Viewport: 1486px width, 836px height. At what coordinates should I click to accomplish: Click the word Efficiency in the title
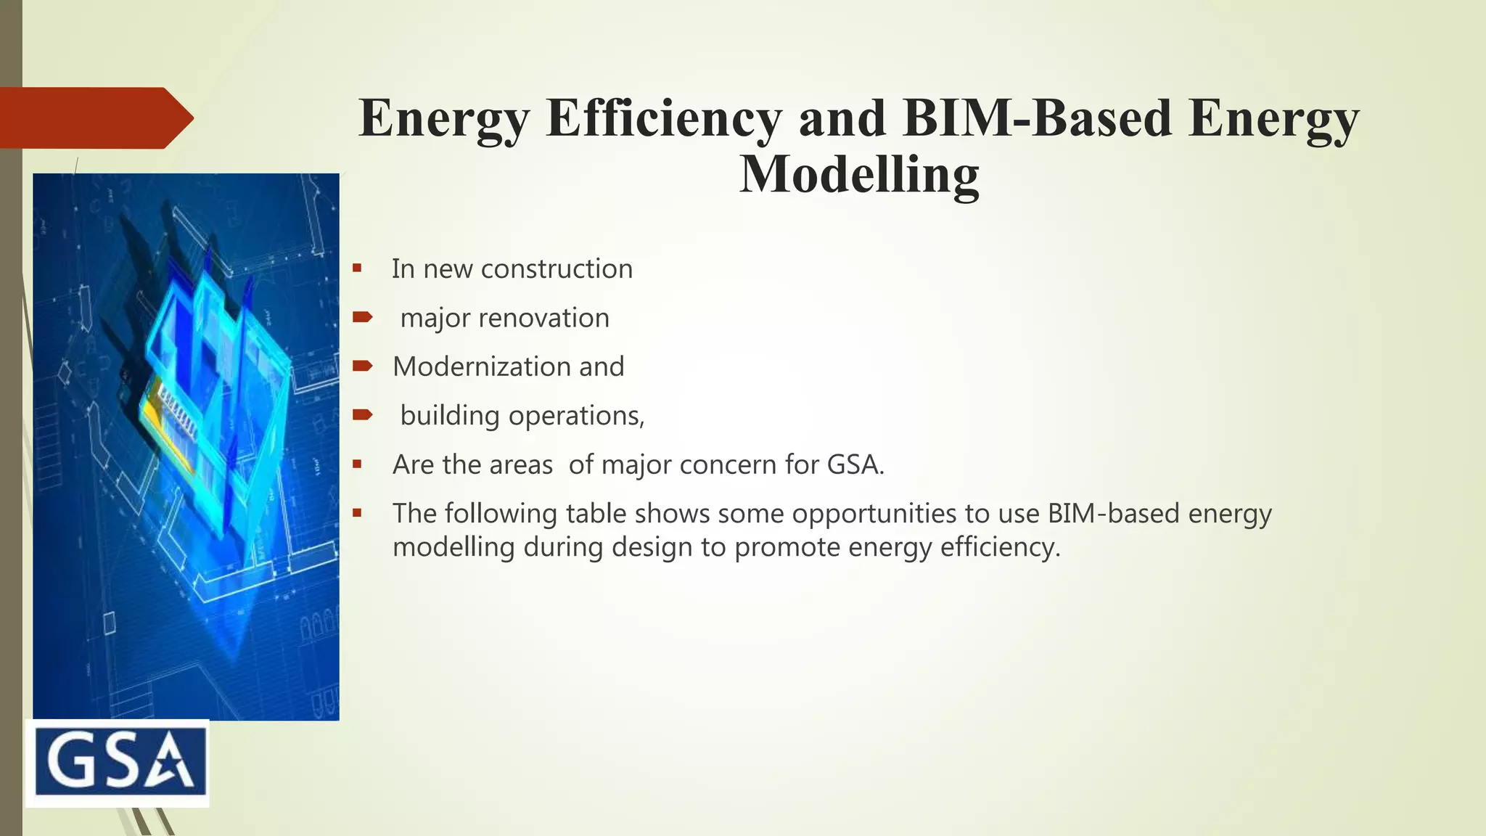(663, 118)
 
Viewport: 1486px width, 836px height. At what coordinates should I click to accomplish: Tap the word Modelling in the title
(859, 174)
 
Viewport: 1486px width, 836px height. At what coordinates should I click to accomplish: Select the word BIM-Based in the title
(1037, 118)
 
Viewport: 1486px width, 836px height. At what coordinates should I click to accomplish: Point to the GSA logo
(118, 763)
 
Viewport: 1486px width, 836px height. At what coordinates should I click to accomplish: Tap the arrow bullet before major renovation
(362, 316)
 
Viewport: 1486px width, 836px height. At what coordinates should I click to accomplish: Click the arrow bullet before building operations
(362, 414)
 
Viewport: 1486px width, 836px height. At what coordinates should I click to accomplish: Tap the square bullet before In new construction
(357, 268)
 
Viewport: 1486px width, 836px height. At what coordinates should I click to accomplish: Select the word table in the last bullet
(596, 514)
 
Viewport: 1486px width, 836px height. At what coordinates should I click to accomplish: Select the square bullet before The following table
(357, 512)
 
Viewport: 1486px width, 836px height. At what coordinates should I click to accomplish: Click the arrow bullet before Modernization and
(362, 366)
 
